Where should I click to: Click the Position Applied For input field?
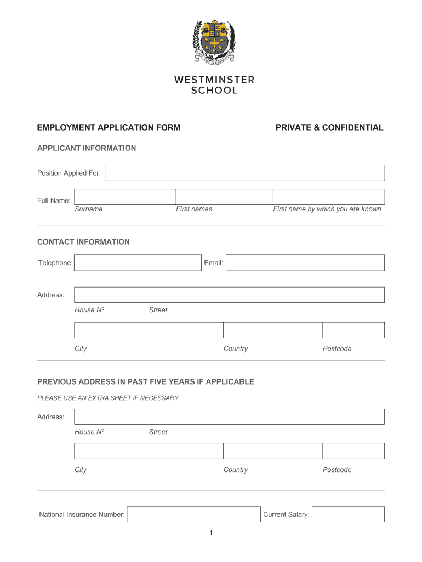(x=245, y=173)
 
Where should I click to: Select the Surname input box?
(x=124, y=196)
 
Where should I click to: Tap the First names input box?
(x=224, y=196)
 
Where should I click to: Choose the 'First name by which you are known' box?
(x=329, y=196)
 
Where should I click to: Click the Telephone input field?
(x=138, y=262)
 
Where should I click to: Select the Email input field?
(x=305, y=262)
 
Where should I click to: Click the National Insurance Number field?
(x=193, y=514)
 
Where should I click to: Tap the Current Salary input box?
(x=348, y=514)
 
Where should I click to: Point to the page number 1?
(x=210, y=533)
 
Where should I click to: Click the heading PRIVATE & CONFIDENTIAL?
(x=329, y=127)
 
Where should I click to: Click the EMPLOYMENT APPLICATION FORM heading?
(x=109, y=127)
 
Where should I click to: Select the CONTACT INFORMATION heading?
(x=83, y=242)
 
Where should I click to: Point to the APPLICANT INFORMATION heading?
(x=87, y=148)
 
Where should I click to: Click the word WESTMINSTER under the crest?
(x=214, y=80)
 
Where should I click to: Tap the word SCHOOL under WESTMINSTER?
(x=214, y=91)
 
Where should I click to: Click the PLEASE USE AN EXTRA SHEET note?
(x=108, y=398)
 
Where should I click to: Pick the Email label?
(x=213, y=263)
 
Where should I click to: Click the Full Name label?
(x=54, y=200)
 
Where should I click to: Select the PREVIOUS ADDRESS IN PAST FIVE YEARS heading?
(x=146, y=381)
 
